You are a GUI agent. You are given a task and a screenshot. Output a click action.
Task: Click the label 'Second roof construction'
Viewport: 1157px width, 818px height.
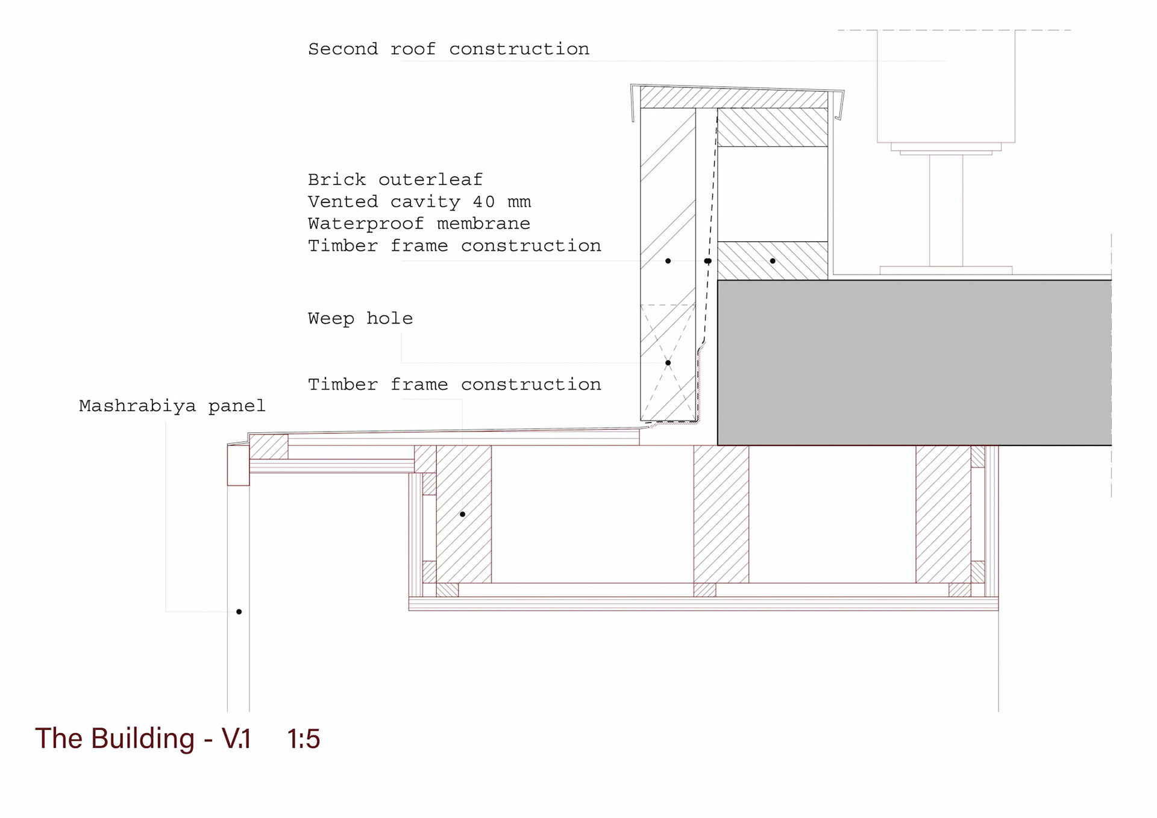(x=448, y=49)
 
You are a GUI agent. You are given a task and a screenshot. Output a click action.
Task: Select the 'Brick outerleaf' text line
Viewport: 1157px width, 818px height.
(x=395, y=180)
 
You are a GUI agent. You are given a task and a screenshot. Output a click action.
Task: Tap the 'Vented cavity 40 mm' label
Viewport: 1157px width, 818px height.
(x=419, y=202)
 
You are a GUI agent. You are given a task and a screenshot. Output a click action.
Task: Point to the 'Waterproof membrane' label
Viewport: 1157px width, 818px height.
(x=419, y=224)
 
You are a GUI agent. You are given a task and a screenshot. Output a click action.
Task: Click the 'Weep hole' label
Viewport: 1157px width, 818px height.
(x=360, y=318)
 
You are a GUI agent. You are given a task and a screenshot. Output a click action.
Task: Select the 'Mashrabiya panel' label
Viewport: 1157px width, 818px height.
(x=172, y=406)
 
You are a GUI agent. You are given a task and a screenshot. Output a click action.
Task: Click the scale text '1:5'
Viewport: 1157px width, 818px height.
(x=303, y=738)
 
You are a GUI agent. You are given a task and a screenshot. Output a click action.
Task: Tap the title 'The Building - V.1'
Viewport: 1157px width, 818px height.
(x=143, y=738)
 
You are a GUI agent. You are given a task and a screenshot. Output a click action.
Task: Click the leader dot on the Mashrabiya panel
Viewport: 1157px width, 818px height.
(x=239, y=612)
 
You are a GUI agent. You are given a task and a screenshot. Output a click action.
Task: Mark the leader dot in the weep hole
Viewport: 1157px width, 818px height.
(x=668, y=363)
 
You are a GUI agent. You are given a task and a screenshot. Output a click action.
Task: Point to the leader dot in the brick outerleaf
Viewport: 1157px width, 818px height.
(x=668, y=261)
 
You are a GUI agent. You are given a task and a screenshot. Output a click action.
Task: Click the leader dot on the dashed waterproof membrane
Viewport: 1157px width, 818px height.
(x=708, y=261)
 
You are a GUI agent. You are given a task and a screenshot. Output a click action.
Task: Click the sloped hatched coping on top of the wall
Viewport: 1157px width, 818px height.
(x=734, y=98)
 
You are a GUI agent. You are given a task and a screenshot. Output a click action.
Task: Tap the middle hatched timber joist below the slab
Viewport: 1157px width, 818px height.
(x=721, y=514)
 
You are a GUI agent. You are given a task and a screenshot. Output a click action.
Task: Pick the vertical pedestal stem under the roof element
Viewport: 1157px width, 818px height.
(x=945, y=210)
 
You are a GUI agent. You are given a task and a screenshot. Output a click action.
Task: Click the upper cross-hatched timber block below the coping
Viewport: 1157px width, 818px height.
(x=773, y=128)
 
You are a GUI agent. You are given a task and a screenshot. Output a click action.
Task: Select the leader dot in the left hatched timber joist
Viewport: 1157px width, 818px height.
(x=462, y=514)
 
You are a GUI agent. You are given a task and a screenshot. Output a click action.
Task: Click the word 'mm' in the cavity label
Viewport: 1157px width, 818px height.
(x=519, y=202)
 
